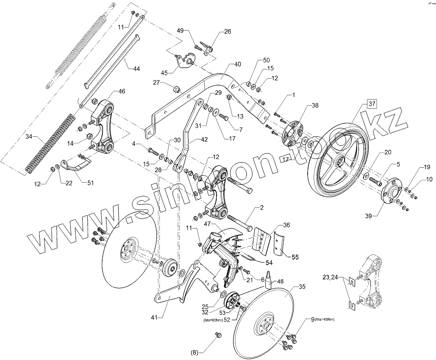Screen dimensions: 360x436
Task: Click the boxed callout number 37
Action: (371, 104)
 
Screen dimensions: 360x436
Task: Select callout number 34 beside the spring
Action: (29, 137)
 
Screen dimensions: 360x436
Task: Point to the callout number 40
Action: (237, 64)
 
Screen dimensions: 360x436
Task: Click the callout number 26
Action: (228, 31)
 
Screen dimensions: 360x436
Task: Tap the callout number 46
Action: (122, 91)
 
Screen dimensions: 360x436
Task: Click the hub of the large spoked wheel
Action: (338, 161)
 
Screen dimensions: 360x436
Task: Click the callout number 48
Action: (280, 282)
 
